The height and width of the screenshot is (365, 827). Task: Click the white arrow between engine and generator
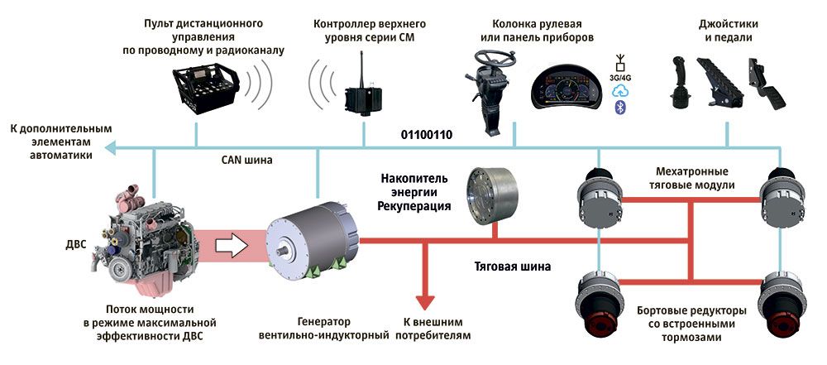[230, 244]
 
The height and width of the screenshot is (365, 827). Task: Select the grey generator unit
[311, 240]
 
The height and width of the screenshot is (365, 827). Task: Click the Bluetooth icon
[619, 108]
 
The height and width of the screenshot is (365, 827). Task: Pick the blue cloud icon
[619, 94]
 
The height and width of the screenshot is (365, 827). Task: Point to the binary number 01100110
[426, 133]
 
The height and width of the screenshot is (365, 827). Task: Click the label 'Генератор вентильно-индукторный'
[323, 329]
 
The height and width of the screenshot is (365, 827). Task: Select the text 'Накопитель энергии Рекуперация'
[416, 192]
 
